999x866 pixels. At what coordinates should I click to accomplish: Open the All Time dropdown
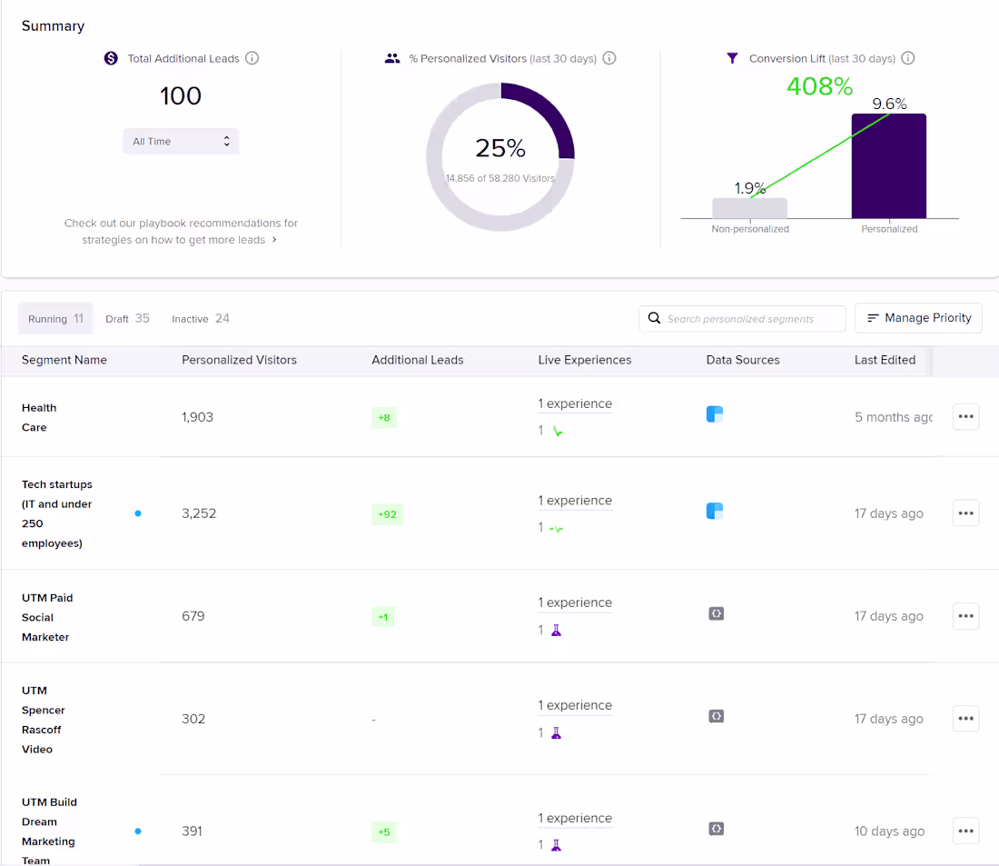(x=181, y=142)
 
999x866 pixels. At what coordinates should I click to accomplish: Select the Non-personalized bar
(x=749, y=208)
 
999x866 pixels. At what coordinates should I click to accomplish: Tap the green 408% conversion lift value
(x=819, y=86)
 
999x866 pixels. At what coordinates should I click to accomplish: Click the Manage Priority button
(x=918, y=318)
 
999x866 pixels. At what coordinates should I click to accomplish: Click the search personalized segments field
(x=742, y=319)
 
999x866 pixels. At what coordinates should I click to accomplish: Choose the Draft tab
(x=127, y=319)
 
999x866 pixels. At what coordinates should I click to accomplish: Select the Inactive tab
(x=201, y=319)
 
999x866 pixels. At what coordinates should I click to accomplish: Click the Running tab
(x=55, y=319)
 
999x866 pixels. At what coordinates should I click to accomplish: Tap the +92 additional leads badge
(x=387, y=514)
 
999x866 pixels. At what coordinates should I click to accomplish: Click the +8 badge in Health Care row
(x=384, y=418)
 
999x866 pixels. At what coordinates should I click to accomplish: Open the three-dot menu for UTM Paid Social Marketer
(x=965, y=616)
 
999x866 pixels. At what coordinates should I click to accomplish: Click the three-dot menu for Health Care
(x=965, y=417)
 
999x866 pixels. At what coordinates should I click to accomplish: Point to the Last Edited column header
(x=885, y=360)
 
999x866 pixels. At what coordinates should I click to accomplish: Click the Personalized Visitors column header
(x=239, y=360)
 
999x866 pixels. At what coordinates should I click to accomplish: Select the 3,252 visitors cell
(x=199, y=513)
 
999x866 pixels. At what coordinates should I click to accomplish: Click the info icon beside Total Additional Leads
(x=252, y=58)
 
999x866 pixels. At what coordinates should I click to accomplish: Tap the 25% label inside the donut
(x=499, y=148)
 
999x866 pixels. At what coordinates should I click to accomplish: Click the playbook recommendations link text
(x=181, y=232)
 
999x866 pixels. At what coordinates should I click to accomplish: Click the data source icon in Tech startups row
(x=715, y=512)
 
